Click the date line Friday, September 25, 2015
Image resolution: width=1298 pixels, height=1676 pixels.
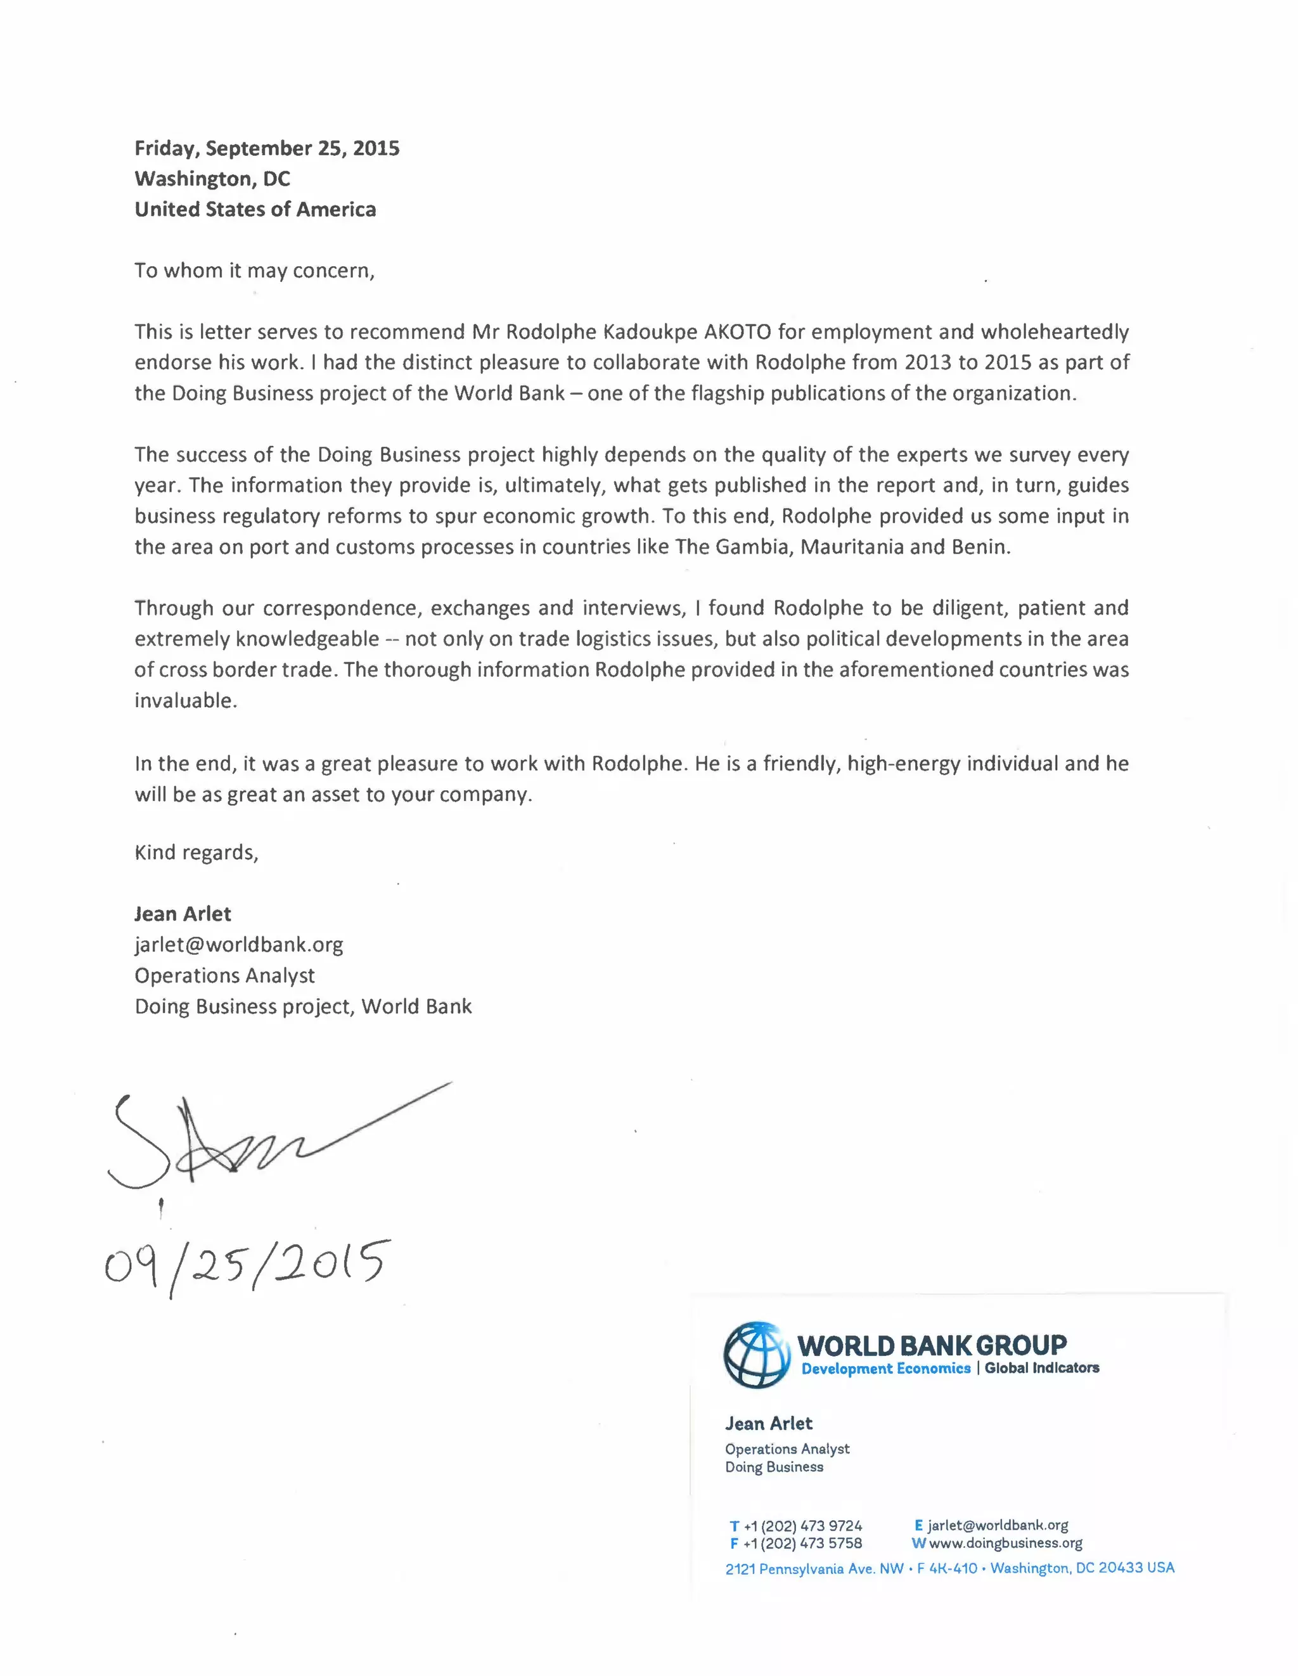[266, 148]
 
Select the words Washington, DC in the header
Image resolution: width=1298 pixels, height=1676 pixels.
[212, 179]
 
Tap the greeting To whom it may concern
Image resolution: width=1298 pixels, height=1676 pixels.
[254, 271]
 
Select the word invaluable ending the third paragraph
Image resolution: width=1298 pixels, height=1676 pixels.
[185, 701]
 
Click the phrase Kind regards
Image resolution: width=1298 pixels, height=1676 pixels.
[196, 853]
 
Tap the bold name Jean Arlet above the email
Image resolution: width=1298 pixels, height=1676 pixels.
[183, 914]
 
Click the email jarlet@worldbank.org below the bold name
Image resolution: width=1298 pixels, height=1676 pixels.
[239, 945]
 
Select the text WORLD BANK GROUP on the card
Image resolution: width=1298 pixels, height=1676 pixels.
[931, 1345]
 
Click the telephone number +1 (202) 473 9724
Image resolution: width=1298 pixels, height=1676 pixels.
[803, 1526]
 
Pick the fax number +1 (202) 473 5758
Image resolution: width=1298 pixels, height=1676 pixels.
[803, 1543]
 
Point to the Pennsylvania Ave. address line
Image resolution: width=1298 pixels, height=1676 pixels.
[949, 1568]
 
